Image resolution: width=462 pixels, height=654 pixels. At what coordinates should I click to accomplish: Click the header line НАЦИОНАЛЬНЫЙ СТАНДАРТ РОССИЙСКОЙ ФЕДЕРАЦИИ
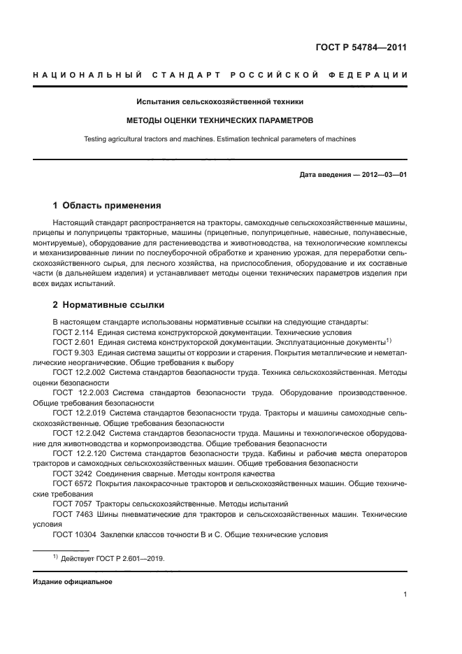coord(220,75)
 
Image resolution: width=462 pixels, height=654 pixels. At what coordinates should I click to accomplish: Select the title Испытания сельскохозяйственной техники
coord(220,102)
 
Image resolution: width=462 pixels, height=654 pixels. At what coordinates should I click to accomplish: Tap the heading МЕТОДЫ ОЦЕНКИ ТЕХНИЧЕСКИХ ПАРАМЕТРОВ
coord(220,120)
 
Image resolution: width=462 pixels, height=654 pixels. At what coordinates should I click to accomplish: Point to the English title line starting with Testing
coord(220,138)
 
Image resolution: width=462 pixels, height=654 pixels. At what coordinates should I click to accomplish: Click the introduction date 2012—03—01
coord(384,174)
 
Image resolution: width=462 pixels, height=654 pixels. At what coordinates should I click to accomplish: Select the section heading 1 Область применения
coord(107,206)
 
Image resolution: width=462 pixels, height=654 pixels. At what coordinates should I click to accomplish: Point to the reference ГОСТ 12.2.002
coord(79,373)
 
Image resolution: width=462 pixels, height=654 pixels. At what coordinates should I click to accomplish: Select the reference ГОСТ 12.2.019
coord(79,413)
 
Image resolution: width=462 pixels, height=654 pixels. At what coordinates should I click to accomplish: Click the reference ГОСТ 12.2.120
coord(79,454)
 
